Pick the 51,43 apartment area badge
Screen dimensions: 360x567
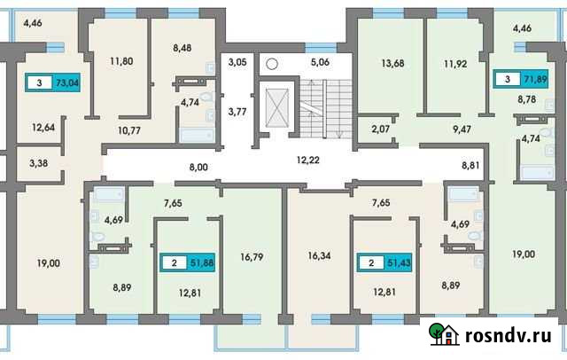point(384,262)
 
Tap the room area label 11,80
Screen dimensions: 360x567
point(121,61)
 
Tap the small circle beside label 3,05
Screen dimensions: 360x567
point(273,64)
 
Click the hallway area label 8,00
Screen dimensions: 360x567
point(198,166)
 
